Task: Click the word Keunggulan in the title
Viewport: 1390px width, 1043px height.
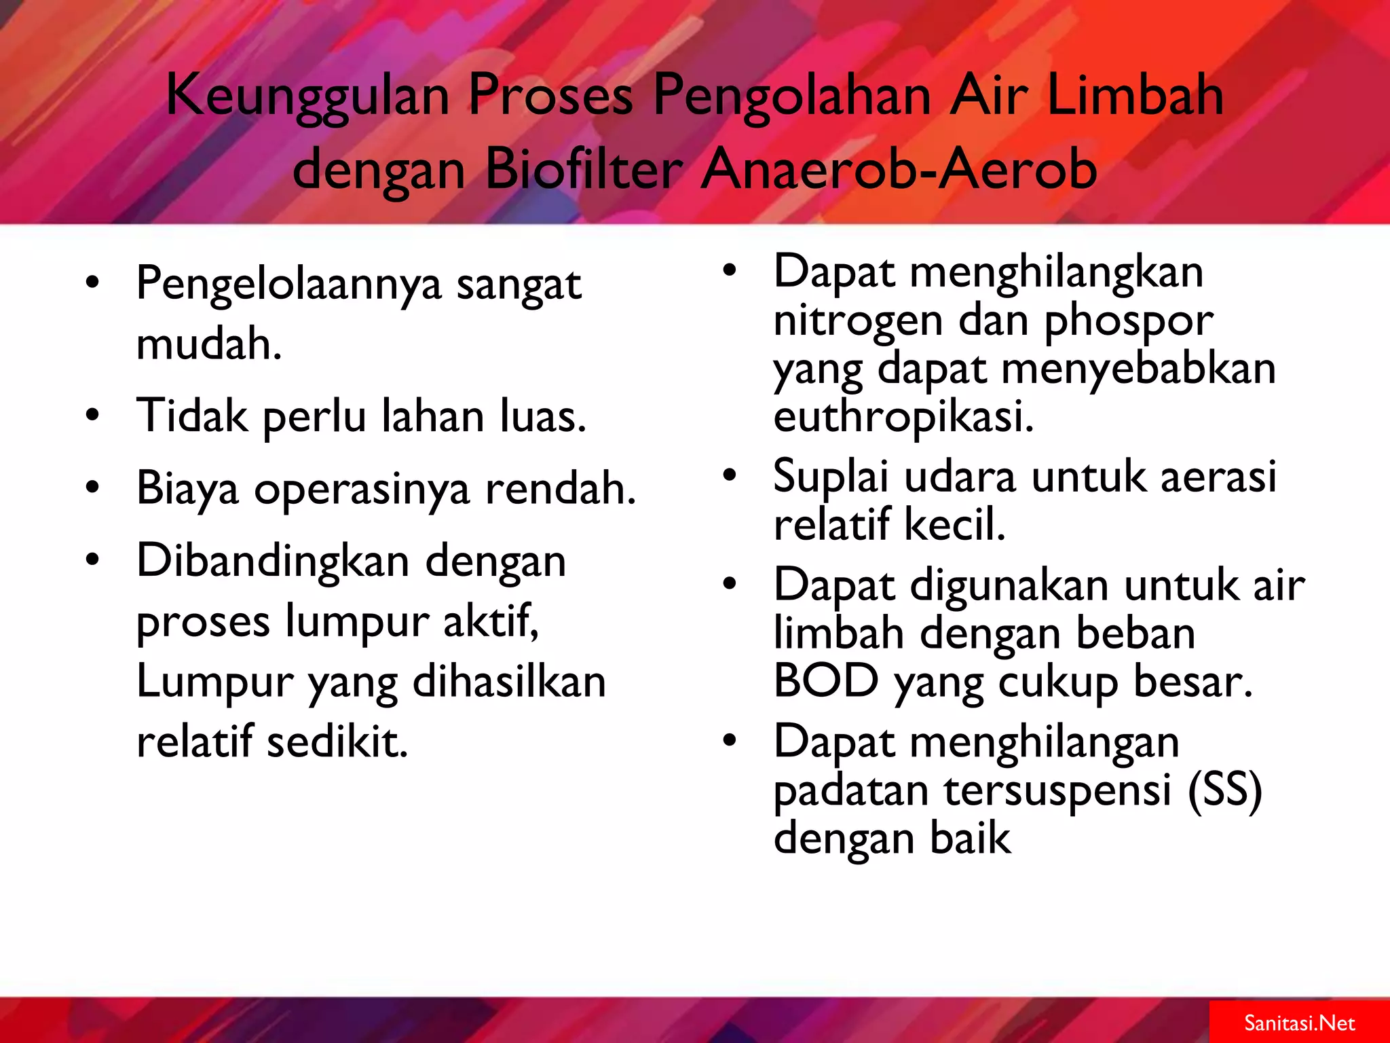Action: (307, 96)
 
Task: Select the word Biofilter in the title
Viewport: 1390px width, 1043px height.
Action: (584, 169)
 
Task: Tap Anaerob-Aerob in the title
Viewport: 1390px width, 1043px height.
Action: (899, 169)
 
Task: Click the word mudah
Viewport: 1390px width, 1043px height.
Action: (208, 344)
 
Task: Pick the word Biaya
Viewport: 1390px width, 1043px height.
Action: (187, 490)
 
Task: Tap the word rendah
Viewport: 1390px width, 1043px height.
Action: (561, 488)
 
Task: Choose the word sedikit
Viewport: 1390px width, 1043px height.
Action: (337, 742)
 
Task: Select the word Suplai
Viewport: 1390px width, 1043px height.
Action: (830, 477)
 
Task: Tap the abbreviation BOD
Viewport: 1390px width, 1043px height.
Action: (825, 681)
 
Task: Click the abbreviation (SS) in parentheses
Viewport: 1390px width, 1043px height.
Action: (1224, 790)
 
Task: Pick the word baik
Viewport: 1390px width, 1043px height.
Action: (970, 839)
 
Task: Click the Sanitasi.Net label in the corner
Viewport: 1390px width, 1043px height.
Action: (1299, 1023)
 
